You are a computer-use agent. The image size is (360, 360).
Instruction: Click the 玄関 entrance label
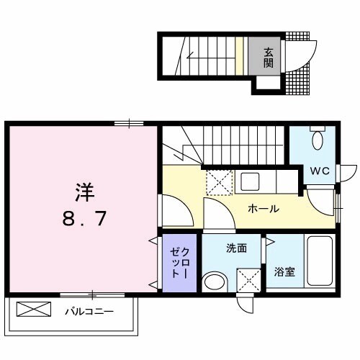[x=268, y=57]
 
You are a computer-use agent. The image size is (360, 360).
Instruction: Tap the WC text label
[x=320, y=171]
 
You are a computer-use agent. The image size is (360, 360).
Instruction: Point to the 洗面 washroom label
[x=237, y=249]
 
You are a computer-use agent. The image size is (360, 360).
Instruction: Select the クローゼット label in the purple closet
[x=179, y=264]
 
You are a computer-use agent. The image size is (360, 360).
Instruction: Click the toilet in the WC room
[x=318, y=140]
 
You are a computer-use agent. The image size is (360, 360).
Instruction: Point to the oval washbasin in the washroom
[x=214, y=281]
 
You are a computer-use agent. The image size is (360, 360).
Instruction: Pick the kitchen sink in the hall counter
[x=253, y=181]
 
